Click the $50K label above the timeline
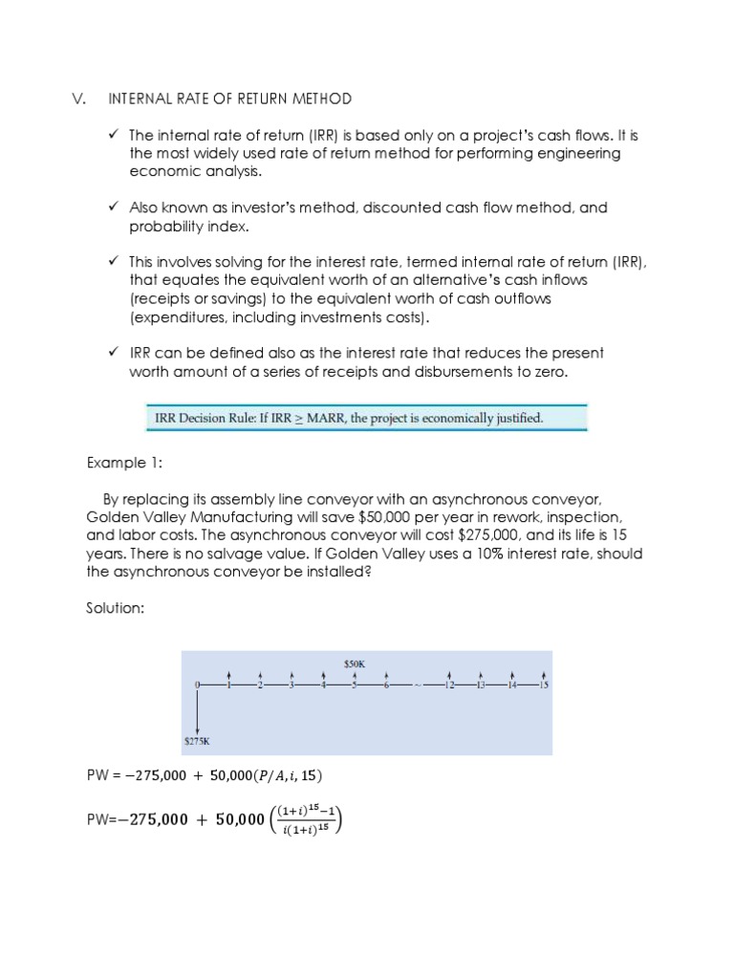(355, 663)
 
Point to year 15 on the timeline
(544, 685)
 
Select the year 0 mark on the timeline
(196, 685)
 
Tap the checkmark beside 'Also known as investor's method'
(113, 207)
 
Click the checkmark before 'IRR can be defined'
(113, 353)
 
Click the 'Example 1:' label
(124, 463)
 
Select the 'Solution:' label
(117, 608)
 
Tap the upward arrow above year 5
(355, 673)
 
